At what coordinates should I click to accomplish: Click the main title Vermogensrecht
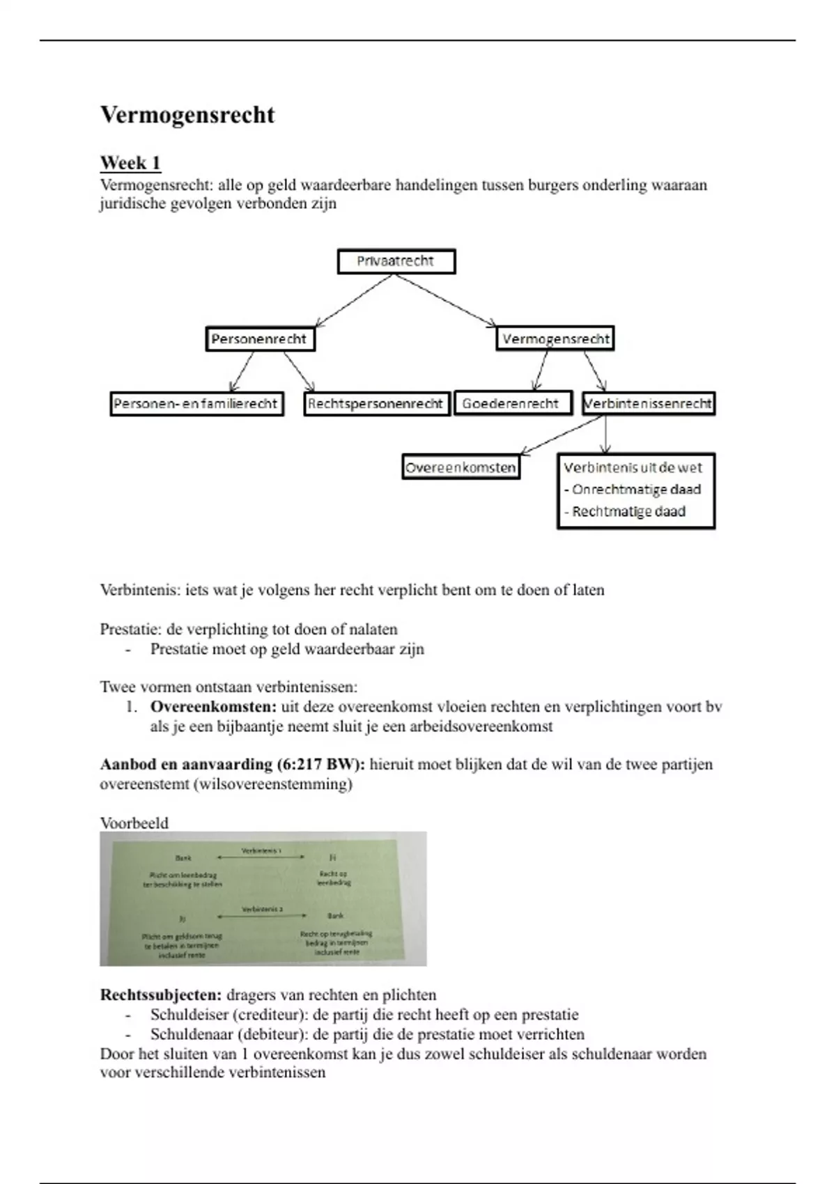pos(187,115)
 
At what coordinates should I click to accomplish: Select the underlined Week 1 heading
pos(130,163)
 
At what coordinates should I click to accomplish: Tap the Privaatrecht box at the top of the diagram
pos(396,262)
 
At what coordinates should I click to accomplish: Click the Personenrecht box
pos(260,339)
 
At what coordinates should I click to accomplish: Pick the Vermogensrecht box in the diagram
pos(555,339)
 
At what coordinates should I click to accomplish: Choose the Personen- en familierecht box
pos(196,404)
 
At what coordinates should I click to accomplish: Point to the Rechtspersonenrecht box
pos(376,404)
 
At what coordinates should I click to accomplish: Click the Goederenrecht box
pos(512,404)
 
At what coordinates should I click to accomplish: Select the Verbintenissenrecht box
pos(648,404)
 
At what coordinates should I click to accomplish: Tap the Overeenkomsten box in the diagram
pos(461,467)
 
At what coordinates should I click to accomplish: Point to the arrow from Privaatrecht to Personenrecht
pos(355,301)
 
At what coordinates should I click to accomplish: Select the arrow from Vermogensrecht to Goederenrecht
pos(541,371)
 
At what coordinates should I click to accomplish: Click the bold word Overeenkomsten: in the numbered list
pos(213,707)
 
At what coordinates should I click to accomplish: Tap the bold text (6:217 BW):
pos(320,765)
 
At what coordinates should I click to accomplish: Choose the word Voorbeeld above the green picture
pos(134,823)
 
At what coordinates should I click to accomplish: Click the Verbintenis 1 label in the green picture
pos(261,851)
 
